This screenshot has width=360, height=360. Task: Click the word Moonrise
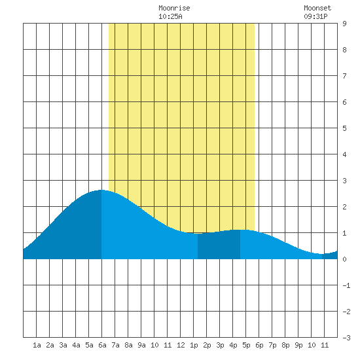point(174,8)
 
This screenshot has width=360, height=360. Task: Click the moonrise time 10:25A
point(170,16)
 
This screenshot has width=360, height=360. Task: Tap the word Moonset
point(317,8)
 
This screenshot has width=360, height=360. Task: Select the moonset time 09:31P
point(315,16)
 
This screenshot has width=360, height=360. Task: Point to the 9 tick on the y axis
point(344,24)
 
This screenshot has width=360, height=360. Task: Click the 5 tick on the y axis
point(344,128)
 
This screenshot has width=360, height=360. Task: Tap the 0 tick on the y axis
point(344,259)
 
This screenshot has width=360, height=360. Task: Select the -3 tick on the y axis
point(346,338)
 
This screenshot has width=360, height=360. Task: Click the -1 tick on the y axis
point(346,285)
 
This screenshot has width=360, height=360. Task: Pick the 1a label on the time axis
point(37,345)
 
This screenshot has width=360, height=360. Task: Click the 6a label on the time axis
point(102,345)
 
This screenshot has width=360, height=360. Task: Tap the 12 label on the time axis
point(181,345)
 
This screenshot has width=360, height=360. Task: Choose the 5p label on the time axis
point(246,345)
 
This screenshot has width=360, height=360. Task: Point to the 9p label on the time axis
point(298,345)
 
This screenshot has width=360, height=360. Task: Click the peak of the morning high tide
point(101,190)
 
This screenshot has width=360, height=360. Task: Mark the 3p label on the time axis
point(220,345)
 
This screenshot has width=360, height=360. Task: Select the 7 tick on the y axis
point(344,76)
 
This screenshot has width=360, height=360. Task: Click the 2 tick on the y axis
point(344,207)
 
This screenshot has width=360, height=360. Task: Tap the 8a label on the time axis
point(128,345)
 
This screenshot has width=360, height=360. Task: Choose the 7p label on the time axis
point(272,345)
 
